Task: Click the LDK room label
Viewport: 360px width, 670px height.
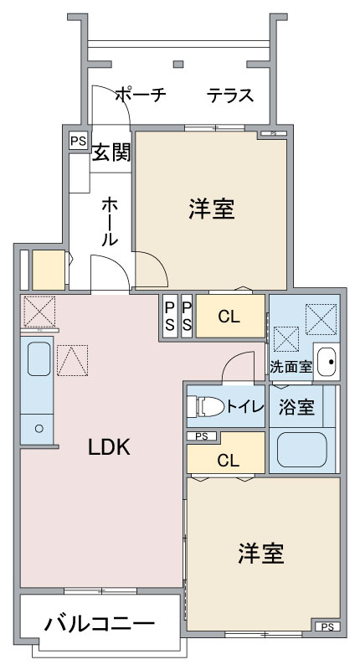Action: tap(110, 448)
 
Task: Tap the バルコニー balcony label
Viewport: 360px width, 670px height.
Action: tap(100, 623)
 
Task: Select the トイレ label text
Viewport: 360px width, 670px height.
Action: tap(245, 407)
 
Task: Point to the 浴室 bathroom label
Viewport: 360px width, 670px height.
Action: tap(296, 408)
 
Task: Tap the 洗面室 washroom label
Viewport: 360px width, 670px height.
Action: tap(291, 366)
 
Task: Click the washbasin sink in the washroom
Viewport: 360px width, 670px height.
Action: tap(327, 362)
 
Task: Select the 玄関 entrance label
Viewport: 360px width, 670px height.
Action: tap(111, 153)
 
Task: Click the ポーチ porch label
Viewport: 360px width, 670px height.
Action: tap(140, 95)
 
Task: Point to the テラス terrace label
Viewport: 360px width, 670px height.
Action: tap(230, 95)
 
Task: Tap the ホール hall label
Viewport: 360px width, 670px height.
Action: tap(110, 220)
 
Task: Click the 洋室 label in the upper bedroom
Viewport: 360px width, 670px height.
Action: tap(211, 209)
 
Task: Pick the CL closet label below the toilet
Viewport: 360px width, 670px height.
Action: tap(227, 460)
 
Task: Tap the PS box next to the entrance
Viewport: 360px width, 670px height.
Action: tap(78, 141)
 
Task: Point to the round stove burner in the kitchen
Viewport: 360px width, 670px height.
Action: tap(37, 429)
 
